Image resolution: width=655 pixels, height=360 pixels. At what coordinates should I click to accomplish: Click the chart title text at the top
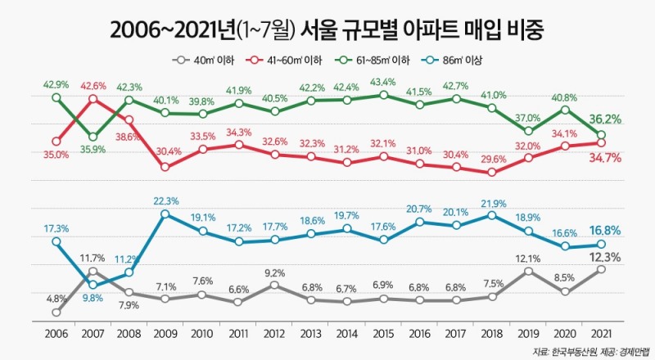(x=327, y=30)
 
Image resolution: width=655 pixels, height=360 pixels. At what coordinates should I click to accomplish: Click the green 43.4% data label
(x=383, y=82)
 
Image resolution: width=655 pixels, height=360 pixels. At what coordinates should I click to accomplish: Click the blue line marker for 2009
(x=165, y=214)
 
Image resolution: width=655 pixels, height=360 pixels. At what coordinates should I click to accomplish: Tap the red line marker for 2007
(x=93, y=99)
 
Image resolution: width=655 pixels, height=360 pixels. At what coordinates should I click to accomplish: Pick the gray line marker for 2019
(x=528, y=272)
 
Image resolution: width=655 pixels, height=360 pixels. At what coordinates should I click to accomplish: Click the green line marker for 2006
(x=56, y=97)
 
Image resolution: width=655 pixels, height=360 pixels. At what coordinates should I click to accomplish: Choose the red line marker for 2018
(x=491, y=172)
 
